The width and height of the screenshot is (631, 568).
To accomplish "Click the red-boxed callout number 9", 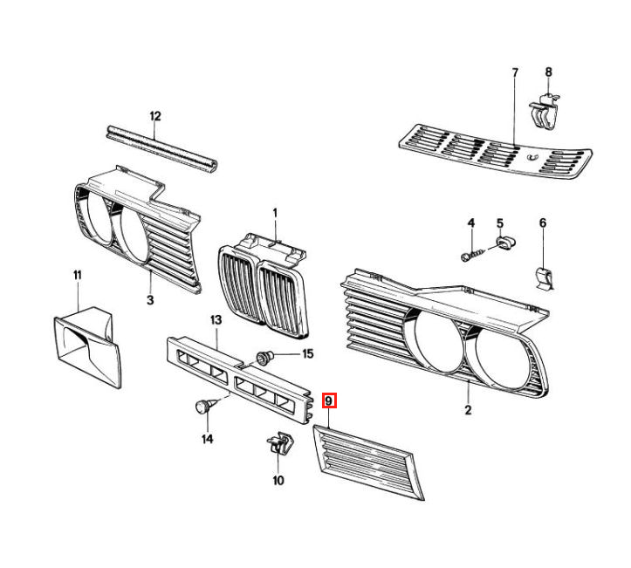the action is click(329, 400).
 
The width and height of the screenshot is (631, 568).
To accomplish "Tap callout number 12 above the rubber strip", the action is click(155, 116).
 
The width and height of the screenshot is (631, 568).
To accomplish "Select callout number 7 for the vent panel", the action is click(515, 72).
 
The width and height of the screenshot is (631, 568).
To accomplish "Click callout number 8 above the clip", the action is click(548, 72).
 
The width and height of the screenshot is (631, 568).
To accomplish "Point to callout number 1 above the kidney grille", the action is click(275, 212).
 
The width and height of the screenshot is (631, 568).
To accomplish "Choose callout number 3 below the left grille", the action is click(150, 300).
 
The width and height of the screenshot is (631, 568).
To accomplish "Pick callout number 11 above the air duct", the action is click(78, 275).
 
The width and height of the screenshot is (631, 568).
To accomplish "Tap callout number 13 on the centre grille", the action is click(216, 320).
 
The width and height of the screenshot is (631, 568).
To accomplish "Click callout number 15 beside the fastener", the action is click(308, 353).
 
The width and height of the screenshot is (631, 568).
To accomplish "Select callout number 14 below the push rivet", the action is click(207, 439).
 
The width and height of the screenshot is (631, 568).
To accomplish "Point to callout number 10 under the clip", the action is click(278, 480).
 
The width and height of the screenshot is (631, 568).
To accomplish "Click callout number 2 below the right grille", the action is click(468, 410).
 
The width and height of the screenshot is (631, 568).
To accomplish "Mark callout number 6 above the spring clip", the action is click(543, 222).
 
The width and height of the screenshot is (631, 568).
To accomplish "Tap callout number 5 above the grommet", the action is click(500, 222).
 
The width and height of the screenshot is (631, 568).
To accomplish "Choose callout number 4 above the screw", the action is click(470, 222).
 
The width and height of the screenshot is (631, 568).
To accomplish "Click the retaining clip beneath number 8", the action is click(544, 111).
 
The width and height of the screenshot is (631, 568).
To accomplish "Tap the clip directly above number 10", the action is click(280, 442).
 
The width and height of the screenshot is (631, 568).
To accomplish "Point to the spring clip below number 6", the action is click(546, 278).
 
